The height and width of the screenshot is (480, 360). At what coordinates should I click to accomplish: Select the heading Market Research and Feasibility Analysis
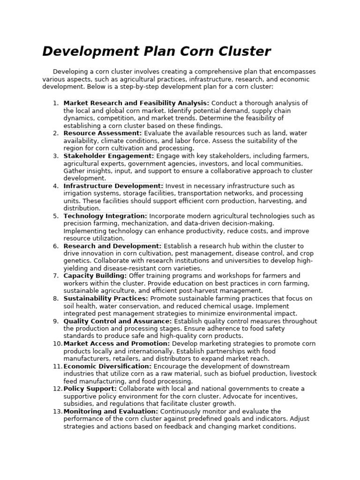pos(136,103)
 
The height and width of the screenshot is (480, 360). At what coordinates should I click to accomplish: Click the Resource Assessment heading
pos(103,133)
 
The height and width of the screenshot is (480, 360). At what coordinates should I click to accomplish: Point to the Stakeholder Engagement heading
pos(109,156)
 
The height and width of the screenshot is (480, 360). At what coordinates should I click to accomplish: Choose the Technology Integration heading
pos(105,216)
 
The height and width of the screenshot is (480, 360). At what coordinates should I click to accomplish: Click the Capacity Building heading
pos(95,276)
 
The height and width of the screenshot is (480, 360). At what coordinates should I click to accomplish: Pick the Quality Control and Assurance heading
pos(118,321)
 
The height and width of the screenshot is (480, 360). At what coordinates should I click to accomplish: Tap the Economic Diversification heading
pos(108,366)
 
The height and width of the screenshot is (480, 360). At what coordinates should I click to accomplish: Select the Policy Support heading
pos(90,389)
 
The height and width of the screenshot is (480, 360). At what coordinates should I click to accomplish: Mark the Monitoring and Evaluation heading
pos(111,411)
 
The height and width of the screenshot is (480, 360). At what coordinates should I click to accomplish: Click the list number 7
pos(56,276)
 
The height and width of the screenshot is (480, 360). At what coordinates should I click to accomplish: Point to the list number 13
pos(57,411)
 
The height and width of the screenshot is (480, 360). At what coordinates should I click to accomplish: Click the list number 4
pos(56,186)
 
